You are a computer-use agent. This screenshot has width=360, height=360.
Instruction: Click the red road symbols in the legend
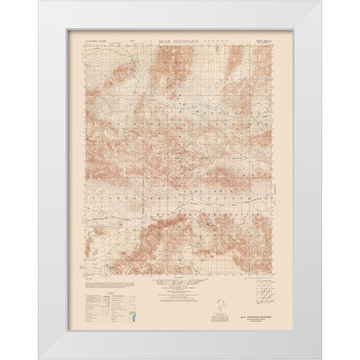pos(94,304)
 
